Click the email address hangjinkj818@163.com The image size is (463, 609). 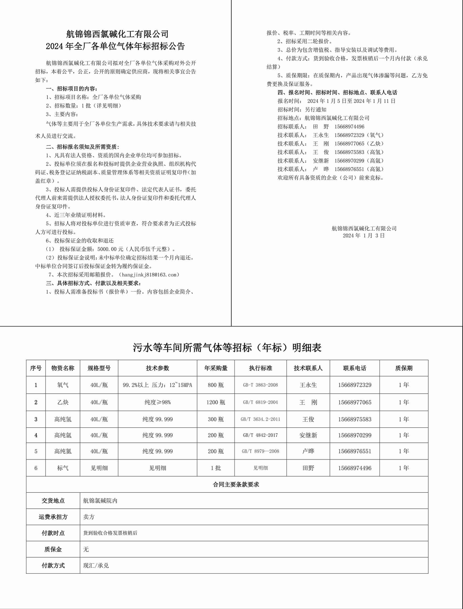pyautogui.click(x=150, y=275)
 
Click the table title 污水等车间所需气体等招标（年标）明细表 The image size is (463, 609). pyautogui.click(x=227, y=348)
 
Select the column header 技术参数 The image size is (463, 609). pyautogui.click(x=157, y=368)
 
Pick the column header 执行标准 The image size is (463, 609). pyautogui.click(x=260, y=368)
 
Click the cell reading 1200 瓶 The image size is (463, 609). pyautogui.click(x=216, y=402)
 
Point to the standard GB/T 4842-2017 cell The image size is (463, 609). pyautogui.click(x=260, y=435)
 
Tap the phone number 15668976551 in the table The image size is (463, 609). pyautogui.click(x=355, y=451)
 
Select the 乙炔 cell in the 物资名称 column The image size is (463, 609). pyautogui.click(x=63, y=402)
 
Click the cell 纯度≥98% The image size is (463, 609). pyautogui.click(x=157, y=402)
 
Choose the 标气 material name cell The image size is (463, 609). pyautogui.click(x=63, y=468)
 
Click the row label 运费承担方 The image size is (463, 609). pyautogui.click(x=53, y=517)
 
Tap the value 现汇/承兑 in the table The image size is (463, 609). pyautogui.click(x=96, y=565)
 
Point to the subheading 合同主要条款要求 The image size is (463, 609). pyautogui.click(x=236, y=485)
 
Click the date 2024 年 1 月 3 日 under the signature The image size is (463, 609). pyautogui.click(x=364, y=235)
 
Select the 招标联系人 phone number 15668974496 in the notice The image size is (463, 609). pyautogui.click(x=349, y=127)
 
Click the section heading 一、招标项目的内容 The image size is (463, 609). pyautogui.click(x=72, y=89)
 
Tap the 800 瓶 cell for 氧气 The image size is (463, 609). pyautogui.click(x=216, y=385)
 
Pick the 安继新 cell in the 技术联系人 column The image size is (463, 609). pyautogui.click(x=308, y=435)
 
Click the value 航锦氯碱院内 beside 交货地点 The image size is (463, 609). pyautogui.click(x=100, y=501)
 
